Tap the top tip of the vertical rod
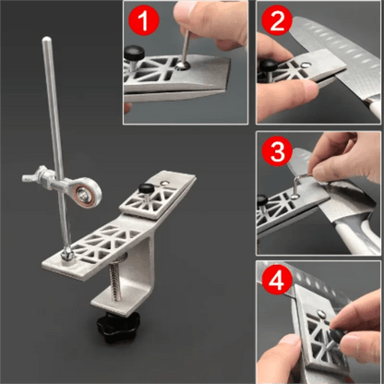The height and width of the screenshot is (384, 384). (x=42, y=39)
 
